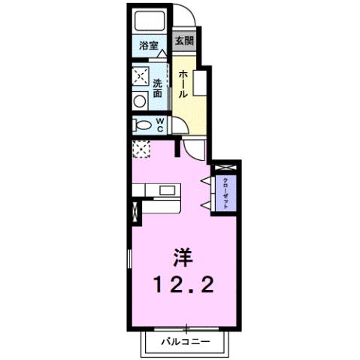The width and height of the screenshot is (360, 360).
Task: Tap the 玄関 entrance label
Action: [183, 41]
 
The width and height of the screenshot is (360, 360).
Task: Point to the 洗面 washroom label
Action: [158, 89]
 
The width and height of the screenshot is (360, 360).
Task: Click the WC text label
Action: [161, 125]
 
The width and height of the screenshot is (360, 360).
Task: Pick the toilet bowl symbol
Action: [142, 125]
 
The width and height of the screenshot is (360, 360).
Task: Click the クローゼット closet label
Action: [225, 192]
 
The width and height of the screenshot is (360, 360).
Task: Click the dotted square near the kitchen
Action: [142, 149]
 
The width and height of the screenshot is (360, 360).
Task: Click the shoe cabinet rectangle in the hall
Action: [200, 83]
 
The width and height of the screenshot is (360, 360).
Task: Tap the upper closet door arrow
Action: [206, 180]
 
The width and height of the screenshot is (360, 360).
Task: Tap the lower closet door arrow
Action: [206, 204]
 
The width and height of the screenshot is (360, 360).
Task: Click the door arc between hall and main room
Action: [194, 150]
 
